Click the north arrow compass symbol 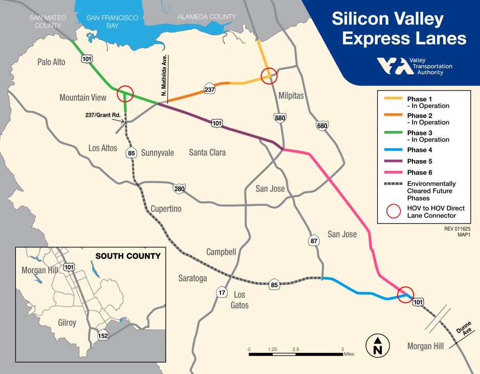378,345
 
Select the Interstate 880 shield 279,117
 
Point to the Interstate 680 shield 322,126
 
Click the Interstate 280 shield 179,189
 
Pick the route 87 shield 314,240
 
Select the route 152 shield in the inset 103,335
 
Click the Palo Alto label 52,62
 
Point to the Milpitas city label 291,96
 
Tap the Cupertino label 166,209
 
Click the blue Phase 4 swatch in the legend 392,150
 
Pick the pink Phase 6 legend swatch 392,173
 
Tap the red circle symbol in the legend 392,212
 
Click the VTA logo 395,66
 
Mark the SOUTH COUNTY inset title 128,256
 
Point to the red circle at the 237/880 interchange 269,76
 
